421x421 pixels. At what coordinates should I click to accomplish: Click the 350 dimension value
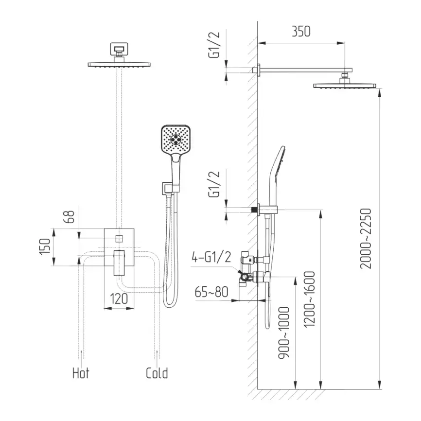pos(301,31)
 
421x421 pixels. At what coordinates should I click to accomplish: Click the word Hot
pos(81,373)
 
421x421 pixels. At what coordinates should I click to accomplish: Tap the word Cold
pos(157,373)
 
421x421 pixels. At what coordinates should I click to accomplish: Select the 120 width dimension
pos(119,298)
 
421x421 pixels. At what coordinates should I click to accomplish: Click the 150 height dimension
pos(44,247)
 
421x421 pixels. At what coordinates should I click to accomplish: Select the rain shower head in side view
pos(345,86)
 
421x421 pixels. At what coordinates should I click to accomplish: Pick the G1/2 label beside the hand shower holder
pos(214,185)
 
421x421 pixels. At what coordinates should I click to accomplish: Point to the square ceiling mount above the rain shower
pos(118,49)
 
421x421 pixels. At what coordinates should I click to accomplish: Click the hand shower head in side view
pos(276,168)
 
